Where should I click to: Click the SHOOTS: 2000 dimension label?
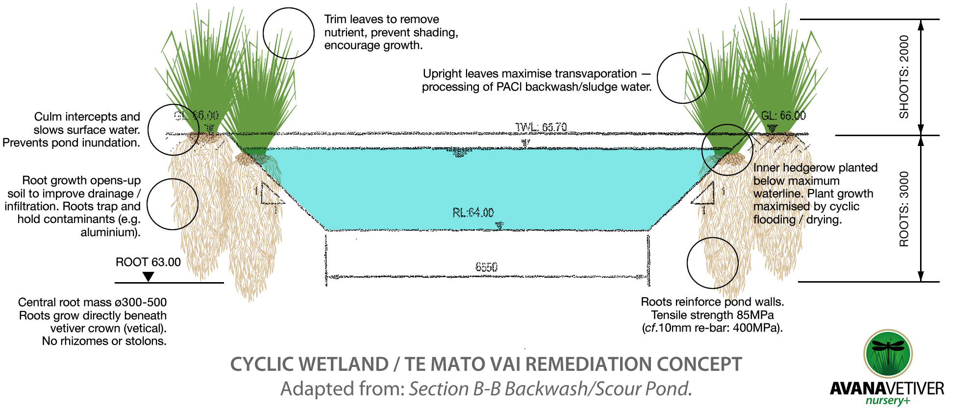click(904, 77)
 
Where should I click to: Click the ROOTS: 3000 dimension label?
click(904, 209)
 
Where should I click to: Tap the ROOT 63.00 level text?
click(148, 262)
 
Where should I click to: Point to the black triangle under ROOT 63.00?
click(148, 277)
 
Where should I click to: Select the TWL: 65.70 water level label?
click(541, 127)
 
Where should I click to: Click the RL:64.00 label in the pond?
click(473, 213)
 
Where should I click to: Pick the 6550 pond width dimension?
click(486, 267)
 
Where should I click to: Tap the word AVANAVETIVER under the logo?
click(887, 388)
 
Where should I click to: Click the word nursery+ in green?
click(888, 401)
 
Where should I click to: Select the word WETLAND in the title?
click(344, 364)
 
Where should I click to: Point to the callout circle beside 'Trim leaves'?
click(289, 33)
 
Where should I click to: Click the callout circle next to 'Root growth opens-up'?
click(173, 204)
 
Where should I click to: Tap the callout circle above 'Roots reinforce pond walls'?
click(712, 263)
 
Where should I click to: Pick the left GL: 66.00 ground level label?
click(197, 116)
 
